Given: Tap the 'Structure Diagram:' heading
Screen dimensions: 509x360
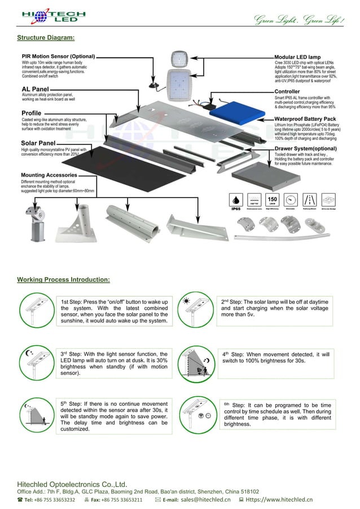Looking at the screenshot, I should (x=46, y=38).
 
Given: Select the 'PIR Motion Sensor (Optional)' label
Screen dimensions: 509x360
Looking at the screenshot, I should (x=58, y=56).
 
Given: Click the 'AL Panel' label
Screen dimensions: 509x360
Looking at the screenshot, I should (x=34, y=89).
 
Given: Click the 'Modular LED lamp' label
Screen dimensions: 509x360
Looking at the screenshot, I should (x=297, y=58).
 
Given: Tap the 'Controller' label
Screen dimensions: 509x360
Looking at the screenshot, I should (x=287, y=91).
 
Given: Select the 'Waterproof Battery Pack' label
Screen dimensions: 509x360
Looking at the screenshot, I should (x=306, y=119).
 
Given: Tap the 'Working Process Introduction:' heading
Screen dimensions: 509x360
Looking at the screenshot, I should (x=63, y=279).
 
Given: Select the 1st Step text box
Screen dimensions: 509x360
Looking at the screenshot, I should (x=115, y=312).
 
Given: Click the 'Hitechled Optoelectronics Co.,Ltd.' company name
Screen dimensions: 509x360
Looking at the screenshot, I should (x=72, y=484).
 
